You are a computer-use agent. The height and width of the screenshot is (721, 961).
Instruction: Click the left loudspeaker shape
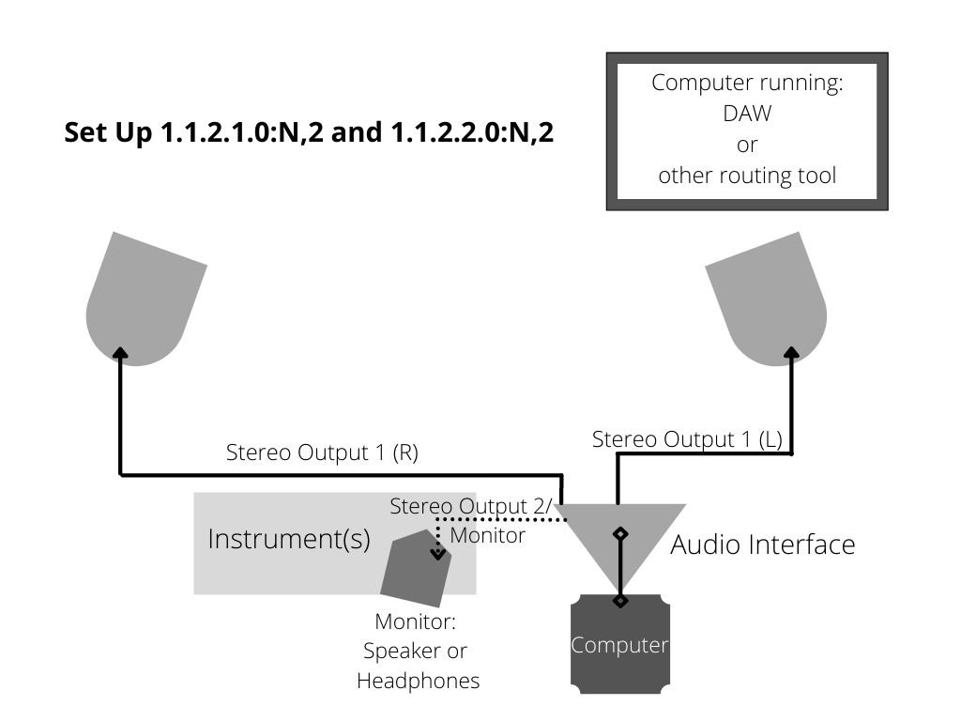(x=144, y=300)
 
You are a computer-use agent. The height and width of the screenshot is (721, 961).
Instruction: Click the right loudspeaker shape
(x=769, y=300)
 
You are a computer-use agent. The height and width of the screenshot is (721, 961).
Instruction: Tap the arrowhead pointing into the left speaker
(x=121, y=353)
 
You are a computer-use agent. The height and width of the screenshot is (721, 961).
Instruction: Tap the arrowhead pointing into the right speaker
(x=792, y=353)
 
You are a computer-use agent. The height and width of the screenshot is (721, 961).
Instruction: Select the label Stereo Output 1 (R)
(x=323, y=453)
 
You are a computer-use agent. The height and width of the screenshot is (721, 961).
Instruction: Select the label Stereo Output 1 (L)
(x=687, y=439)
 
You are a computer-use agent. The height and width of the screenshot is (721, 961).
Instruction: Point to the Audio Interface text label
(x=762, y=545)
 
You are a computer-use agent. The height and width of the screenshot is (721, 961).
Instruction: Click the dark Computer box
(x=620, y=644)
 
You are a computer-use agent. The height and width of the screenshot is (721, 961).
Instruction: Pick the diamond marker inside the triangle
(x=620, y=534)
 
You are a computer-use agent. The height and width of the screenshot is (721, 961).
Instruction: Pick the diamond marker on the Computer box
(x=620, y=600)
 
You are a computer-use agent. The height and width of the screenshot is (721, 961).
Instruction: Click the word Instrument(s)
(x=289, y=540)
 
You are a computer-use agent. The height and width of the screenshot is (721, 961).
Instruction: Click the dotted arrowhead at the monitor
(x=437, y=554)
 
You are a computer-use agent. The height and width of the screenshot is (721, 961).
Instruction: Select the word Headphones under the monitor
(x=418, y=681)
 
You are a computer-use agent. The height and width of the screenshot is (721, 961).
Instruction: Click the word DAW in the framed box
(x=747, y=114)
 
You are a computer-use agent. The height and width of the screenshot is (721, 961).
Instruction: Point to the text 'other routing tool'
(x=747, y=176)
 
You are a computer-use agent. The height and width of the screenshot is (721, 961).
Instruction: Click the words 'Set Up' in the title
(x=108, y=133)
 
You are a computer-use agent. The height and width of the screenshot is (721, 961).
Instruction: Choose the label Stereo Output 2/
(x=471, y=506)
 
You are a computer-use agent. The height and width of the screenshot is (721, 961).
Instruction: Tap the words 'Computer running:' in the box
(x=747, y=83)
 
